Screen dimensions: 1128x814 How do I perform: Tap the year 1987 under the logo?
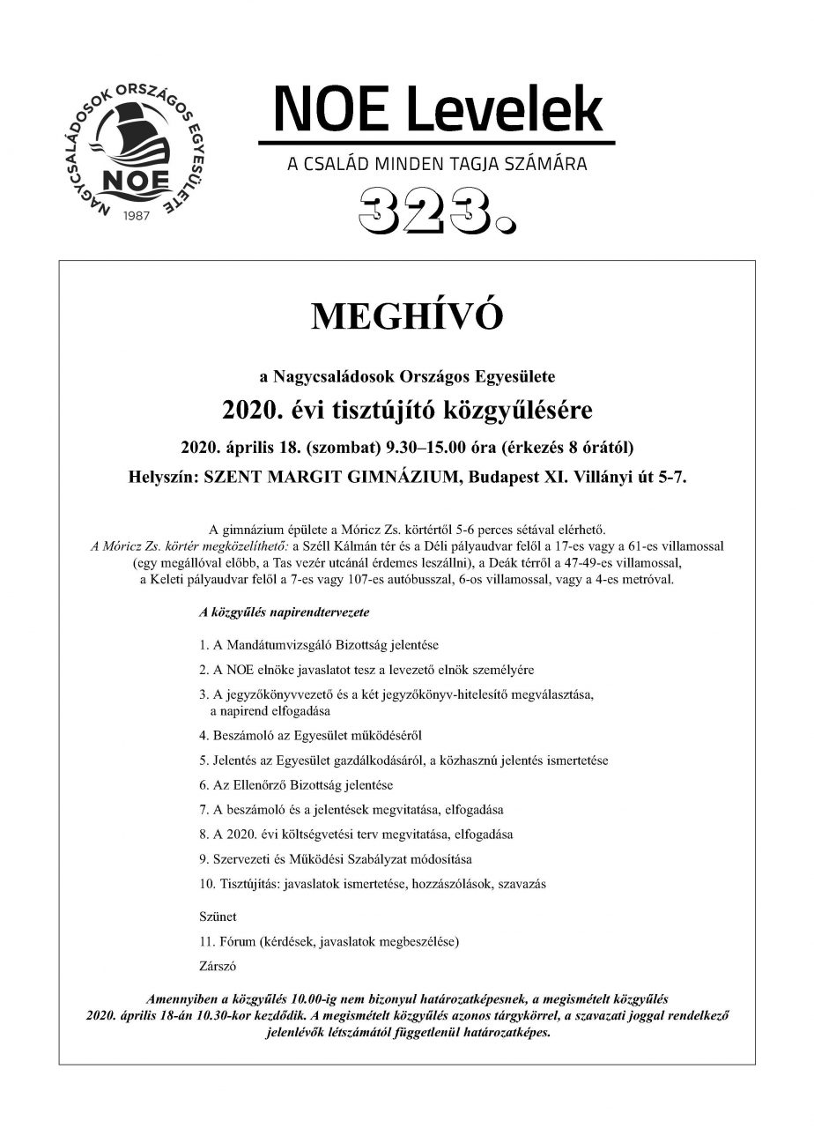[x=134, y=214]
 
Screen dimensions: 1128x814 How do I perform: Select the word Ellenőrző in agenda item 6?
[x=262, y=783]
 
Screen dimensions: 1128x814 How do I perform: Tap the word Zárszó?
[x=218, y=965]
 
